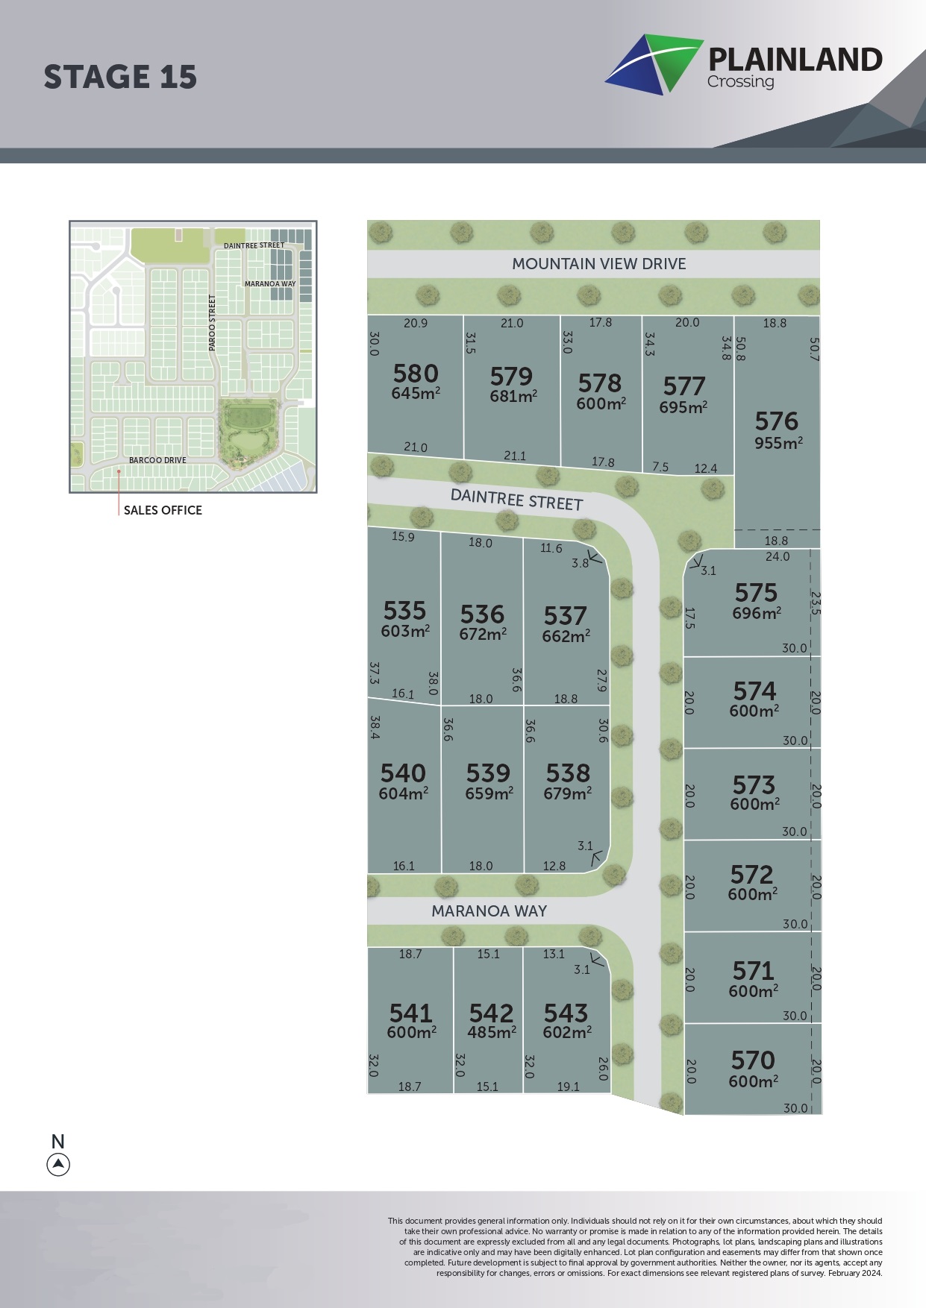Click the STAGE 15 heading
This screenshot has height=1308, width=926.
tap(120, 78)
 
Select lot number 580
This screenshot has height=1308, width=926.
tap(416, 374)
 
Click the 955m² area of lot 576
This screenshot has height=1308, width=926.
tap(778, 443)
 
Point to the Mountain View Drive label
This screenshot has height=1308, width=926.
tap(598, 264)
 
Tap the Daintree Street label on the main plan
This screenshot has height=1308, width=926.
tap(516, 500)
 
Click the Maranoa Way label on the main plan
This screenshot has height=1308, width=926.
tap(489, 911)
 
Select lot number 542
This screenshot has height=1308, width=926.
tap(491, 1013)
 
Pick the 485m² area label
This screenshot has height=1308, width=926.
tap(492, 1033)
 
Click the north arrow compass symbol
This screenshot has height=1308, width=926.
tap(58, 1164)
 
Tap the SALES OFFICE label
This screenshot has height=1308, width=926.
tap(163, 510)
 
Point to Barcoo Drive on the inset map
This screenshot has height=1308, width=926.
tap(157, 460)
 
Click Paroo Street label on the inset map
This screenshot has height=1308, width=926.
tap(212, 322)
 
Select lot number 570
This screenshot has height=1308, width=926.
tap(753, 1060)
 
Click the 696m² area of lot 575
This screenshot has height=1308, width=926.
tap(757, 613)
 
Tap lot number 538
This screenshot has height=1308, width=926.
tap(568, 773)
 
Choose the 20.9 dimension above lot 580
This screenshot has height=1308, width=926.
tap(416, 324)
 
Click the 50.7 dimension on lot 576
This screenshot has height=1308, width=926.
tap(814, 350)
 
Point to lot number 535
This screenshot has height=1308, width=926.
tap(404, 611)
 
